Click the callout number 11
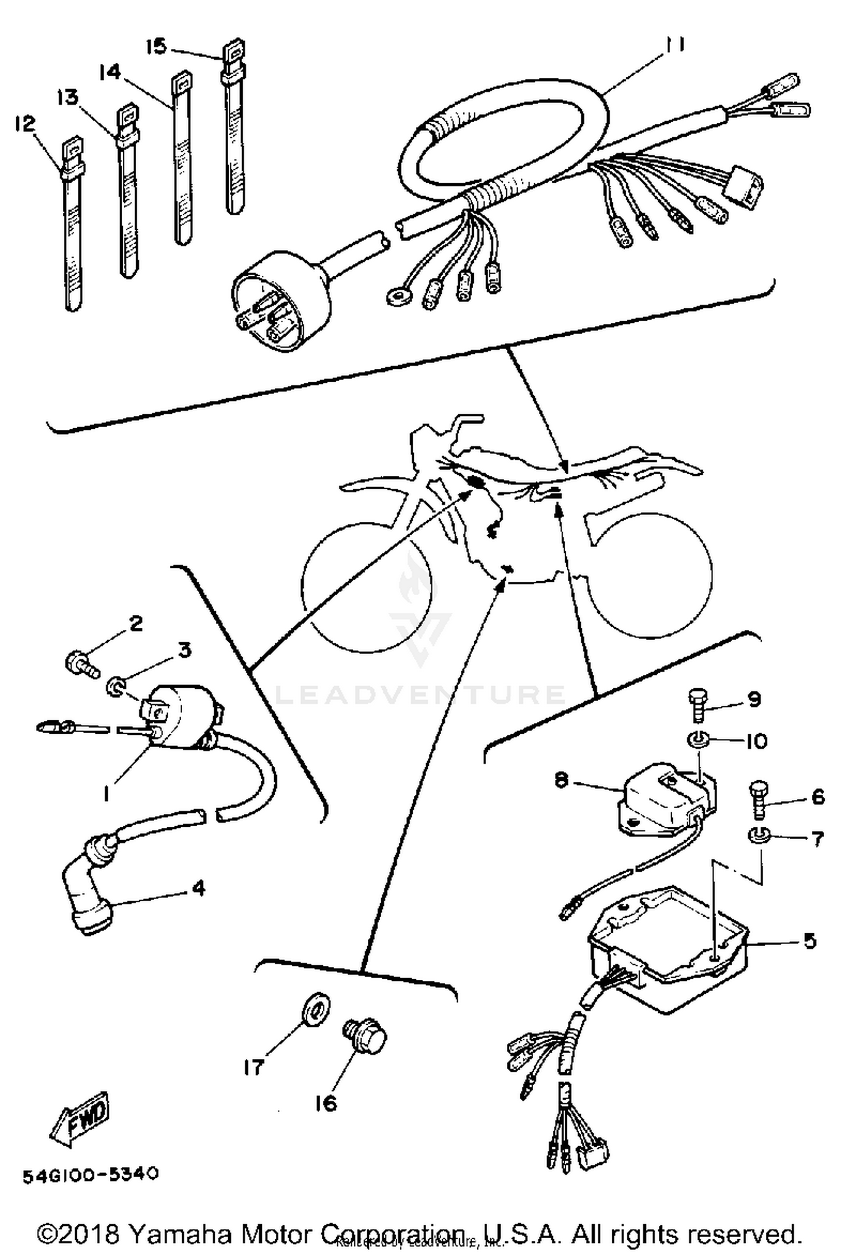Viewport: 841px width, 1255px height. pos(674,44)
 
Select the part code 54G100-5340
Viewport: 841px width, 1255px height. pos(90,1175)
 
